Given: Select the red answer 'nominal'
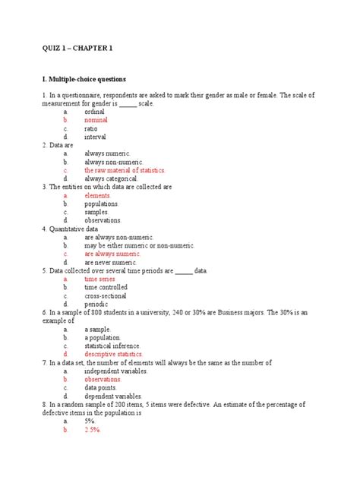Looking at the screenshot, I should pyautogui.click(x=96, y=120).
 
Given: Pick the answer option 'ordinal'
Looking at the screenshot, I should pyautogui.click(x=95, y=111).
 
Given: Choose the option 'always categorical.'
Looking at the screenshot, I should pyautogui.click(x=111, y=178).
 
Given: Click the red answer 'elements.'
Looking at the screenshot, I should pyautogui.click(x=97, y=195).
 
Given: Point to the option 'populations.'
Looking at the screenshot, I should pyautogui.click(x=102, y=204).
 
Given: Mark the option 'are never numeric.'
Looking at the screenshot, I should pyautogui.click(x=111, y=263).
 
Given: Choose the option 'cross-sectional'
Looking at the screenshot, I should pyautogui.click(x=106, y=296).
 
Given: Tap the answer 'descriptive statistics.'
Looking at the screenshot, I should pyautogui.click(x=113, y=354).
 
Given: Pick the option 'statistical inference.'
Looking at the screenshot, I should pyautogui.click(x=112, y=346).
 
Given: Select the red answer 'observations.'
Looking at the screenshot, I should pyautogui.click(x=103, y=379).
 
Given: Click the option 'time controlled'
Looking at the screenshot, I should pyautogui.click(x=106, y=288).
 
